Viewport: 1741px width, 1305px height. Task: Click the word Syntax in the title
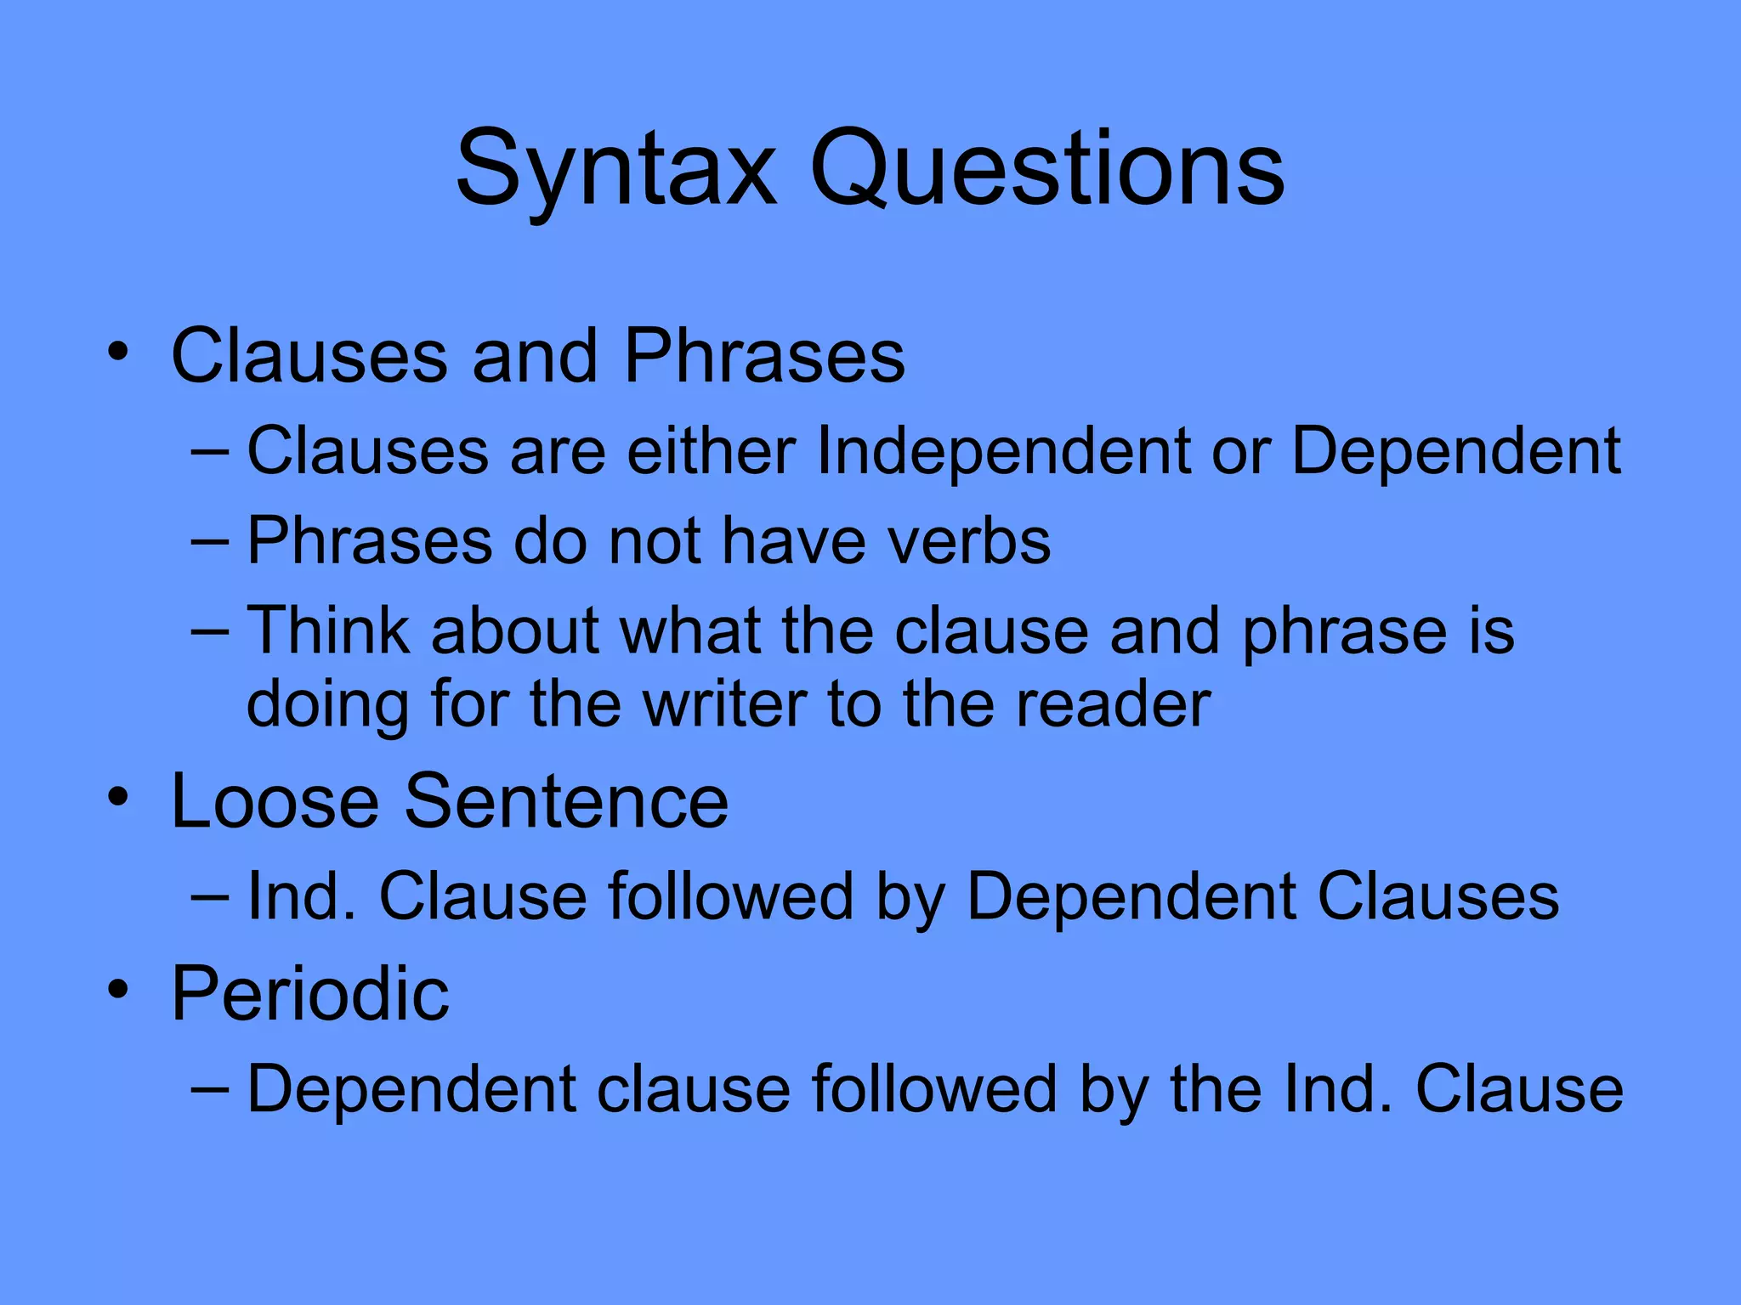point(616,170)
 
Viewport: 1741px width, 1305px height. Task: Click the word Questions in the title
point(1047,170)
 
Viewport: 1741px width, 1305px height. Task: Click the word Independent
point(1003,451)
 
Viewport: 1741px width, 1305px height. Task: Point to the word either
point(711,451)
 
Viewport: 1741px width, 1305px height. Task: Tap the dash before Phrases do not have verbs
point(210,541)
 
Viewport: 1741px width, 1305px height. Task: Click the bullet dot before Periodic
point(118,988)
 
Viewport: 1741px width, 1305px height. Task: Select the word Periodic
point(309,993)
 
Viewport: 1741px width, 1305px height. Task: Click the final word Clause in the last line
point(1519,1089)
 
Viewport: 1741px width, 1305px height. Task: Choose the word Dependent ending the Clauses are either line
point(1455,451)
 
